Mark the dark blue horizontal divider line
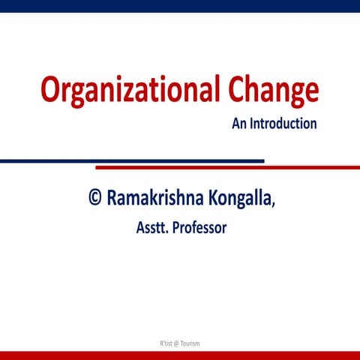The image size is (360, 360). tap(132, 160)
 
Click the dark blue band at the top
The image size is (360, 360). tap(180, 6)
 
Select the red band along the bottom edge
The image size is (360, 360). tap(180, 355)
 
